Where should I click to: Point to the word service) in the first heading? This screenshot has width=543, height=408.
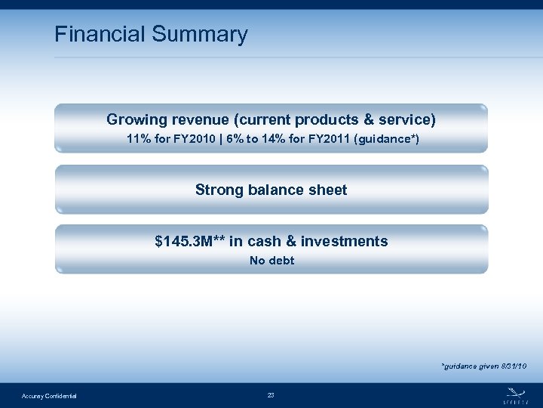(408, 120)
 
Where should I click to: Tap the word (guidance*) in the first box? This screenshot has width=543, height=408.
(385, 141)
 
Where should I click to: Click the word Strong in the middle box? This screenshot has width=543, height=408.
(216, 190)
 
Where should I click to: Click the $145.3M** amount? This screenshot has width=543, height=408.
(189, 242)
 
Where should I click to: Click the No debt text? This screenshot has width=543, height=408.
(271, 261)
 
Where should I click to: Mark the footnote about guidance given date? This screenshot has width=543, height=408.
(483, 366)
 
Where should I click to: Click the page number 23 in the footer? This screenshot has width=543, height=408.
(271, 394)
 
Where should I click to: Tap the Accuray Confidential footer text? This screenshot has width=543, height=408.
(49, 396)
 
